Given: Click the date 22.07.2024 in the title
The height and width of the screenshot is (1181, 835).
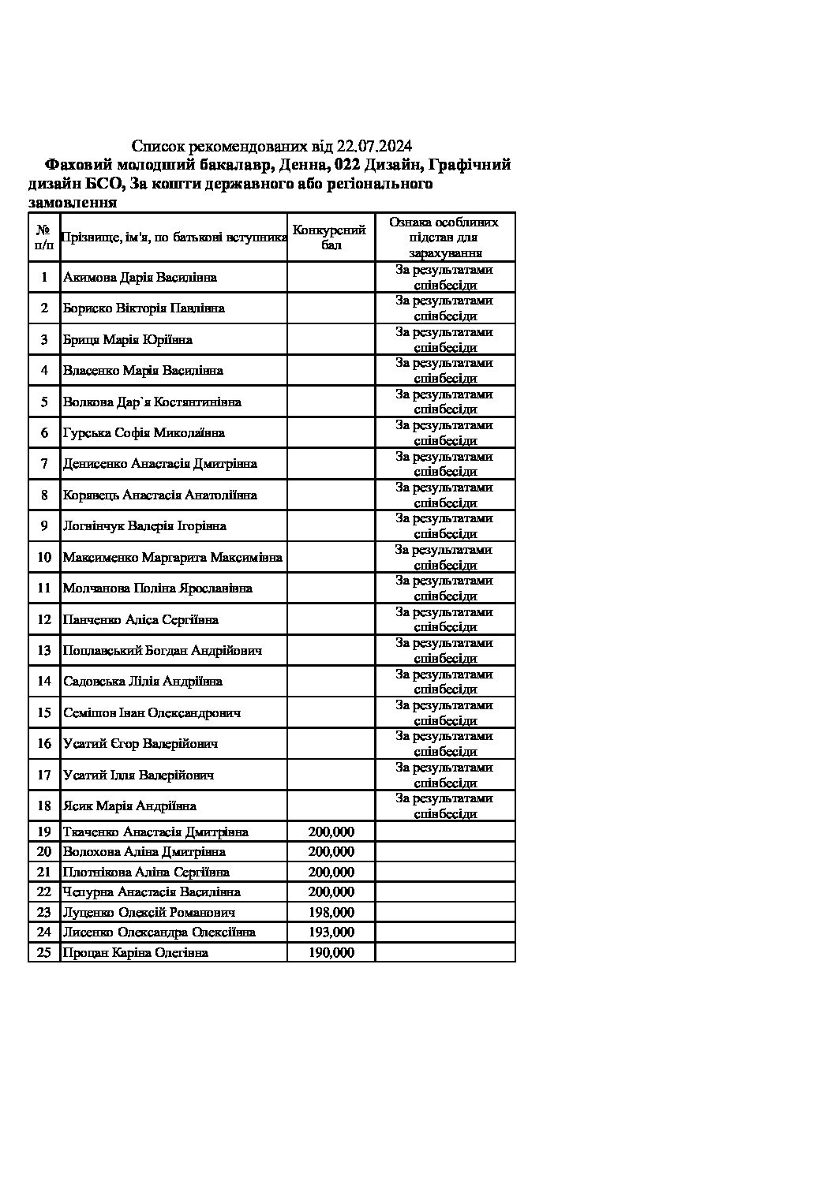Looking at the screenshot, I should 374,146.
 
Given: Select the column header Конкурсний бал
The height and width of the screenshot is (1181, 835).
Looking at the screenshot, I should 329,237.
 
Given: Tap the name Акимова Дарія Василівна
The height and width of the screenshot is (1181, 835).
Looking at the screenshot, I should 140,278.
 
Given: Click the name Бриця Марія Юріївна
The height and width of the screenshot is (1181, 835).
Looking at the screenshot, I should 127,340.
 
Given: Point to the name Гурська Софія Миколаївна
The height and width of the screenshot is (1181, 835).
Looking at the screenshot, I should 144,433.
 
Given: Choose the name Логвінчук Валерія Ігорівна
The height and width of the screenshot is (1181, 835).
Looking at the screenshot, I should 144,526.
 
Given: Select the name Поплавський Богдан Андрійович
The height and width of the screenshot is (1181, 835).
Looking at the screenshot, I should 163,651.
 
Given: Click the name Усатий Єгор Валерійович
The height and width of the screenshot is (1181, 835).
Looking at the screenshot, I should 140,744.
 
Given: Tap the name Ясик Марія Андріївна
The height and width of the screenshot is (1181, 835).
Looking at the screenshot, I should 129,806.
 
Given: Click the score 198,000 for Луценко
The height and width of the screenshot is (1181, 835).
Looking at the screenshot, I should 331,913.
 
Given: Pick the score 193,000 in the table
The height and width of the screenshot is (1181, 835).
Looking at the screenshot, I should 331,932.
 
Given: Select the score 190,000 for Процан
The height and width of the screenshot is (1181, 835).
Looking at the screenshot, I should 331,953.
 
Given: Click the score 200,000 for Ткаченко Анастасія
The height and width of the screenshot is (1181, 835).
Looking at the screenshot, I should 331,832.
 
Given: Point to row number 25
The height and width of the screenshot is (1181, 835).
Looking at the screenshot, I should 44,953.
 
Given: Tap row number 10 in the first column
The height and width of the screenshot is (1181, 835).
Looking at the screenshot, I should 44,558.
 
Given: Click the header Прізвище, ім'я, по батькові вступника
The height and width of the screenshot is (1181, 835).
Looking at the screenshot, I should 174,237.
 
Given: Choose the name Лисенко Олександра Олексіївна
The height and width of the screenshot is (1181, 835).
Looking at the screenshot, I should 159,932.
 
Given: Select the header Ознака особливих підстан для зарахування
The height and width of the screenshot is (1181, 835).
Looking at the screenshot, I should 445,237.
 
